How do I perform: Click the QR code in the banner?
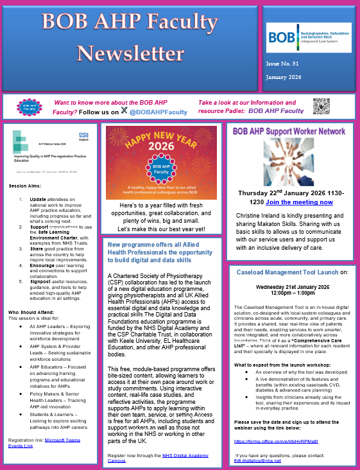pyautogui.click(x=321, y=107)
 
